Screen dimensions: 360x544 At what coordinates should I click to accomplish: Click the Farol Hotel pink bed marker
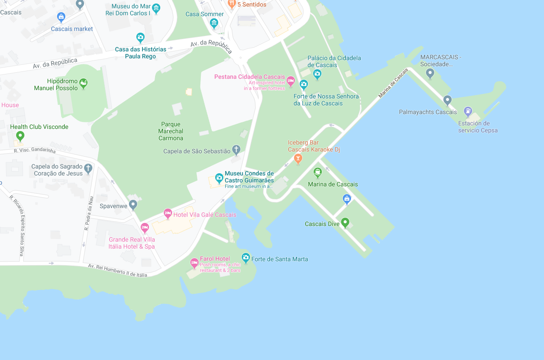pos(194,263)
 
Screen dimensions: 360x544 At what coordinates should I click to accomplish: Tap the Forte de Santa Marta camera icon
pos(246,258)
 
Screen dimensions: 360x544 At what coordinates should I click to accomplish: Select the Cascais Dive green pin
pos(345,223)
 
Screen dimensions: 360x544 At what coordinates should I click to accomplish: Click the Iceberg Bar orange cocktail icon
pos(298,159)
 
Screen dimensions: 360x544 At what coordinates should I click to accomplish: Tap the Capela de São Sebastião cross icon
pos(236,150)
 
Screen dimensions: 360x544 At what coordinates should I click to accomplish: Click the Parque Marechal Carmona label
pos(171,131)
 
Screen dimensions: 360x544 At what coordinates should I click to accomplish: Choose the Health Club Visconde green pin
pos(20,136)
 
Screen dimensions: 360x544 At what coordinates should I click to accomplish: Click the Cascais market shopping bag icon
pos(61,17)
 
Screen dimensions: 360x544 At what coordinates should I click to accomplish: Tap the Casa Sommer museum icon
pos(214,23)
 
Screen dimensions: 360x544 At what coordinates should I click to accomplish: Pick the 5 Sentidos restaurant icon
pos(232,4)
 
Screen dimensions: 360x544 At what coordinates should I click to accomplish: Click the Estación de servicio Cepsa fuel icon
pos(468,111)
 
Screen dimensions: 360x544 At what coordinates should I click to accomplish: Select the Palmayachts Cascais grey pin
pos(447,101)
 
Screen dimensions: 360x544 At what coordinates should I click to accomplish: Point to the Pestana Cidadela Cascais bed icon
pos(291,81)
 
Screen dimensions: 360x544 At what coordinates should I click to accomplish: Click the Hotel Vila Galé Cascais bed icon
pos(168,214)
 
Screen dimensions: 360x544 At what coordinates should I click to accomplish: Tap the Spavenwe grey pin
pos(133,205)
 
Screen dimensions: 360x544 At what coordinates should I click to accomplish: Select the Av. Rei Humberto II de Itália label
pos(118,270)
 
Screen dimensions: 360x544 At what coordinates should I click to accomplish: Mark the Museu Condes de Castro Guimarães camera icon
pos(219,178)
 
